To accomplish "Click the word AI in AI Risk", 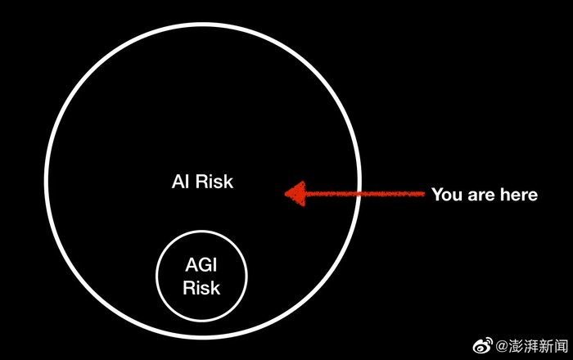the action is [180, 182].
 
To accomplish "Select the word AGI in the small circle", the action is [201, 267].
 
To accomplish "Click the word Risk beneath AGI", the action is [201, 288].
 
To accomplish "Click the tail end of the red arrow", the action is [423, 194].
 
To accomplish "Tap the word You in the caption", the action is [447, 195].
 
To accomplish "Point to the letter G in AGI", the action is [201, 267].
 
